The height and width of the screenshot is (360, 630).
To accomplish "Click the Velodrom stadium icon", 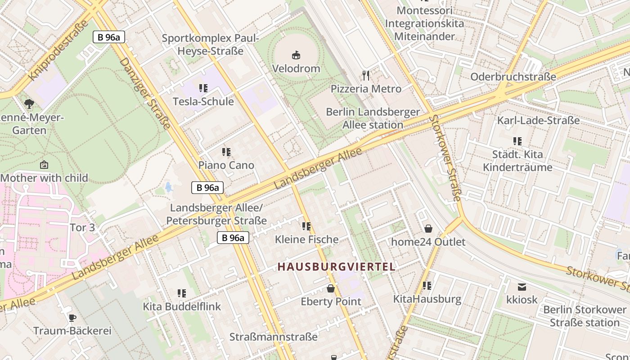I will [x=296, y=56].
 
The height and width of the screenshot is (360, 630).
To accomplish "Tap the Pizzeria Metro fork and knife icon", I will [x=366, y=76].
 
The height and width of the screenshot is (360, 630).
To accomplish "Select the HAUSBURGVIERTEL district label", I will [x=336, y=267].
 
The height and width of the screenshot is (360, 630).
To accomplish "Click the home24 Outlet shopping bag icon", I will [x=428, y=229].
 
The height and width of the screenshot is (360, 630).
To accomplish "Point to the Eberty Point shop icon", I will [x=331, y=288].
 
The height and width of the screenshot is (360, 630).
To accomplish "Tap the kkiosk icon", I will [x=522, y=287].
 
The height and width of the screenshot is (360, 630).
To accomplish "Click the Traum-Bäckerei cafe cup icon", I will [x=72, y=318].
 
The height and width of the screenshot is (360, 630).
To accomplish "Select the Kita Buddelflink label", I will [x=182, y=306].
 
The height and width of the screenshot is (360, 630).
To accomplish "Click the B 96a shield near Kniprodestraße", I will [x=108, y=37].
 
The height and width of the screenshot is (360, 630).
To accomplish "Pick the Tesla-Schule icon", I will [x=203, y=88].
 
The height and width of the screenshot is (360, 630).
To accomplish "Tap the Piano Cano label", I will [x=226, y=165].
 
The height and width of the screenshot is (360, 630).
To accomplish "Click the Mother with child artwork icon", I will [x=44, y=165].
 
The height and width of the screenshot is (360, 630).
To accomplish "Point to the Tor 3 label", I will [x=82, y=228].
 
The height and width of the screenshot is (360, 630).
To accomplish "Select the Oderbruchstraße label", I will [x=513, y=77].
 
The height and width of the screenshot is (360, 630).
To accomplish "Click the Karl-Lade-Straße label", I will [x=538, y=121].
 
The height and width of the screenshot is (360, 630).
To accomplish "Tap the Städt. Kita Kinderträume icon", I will [x=517, y=141].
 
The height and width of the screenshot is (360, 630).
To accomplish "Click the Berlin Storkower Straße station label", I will [x=585, y=316].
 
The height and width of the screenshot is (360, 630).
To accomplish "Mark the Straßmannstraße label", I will [x=273, y=337].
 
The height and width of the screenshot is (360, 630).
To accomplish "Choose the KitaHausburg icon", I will [x=427, y=286].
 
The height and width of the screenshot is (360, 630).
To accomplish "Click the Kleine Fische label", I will [x=306, y=239].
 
